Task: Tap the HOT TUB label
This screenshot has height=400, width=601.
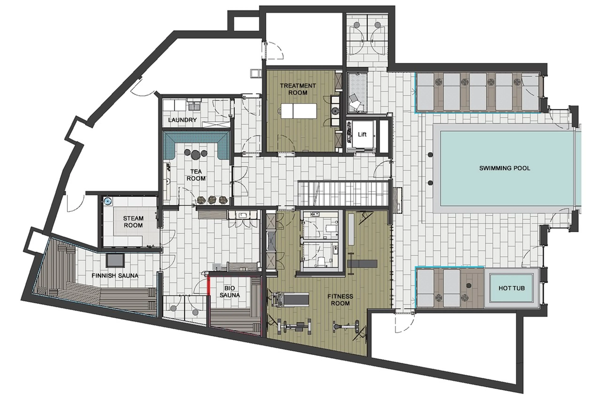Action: (x=511, y=288)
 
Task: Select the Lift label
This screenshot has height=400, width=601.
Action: (x=362, y=134)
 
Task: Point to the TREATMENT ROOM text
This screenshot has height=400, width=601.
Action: (x=298, y=89)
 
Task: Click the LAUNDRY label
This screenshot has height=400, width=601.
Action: (x=182, y=120)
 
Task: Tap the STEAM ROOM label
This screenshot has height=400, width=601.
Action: (x=133, y=222)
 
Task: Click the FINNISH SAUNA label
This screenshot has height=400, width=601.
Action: (x=115, y=276)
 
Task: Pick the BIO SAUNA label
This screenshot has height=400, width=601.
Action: (x=230, y=291)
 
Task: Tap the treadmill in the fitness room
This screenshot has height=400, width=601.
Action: (x=291, y=299)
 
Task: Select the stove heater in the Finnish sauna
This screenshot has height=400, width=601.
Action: (x=115, y=260)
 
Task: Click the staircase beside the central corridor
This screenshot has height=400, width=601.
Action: (x=342, y=193)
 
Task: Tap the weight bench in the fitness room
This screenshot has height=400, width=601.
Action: (x=362, y=264)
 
